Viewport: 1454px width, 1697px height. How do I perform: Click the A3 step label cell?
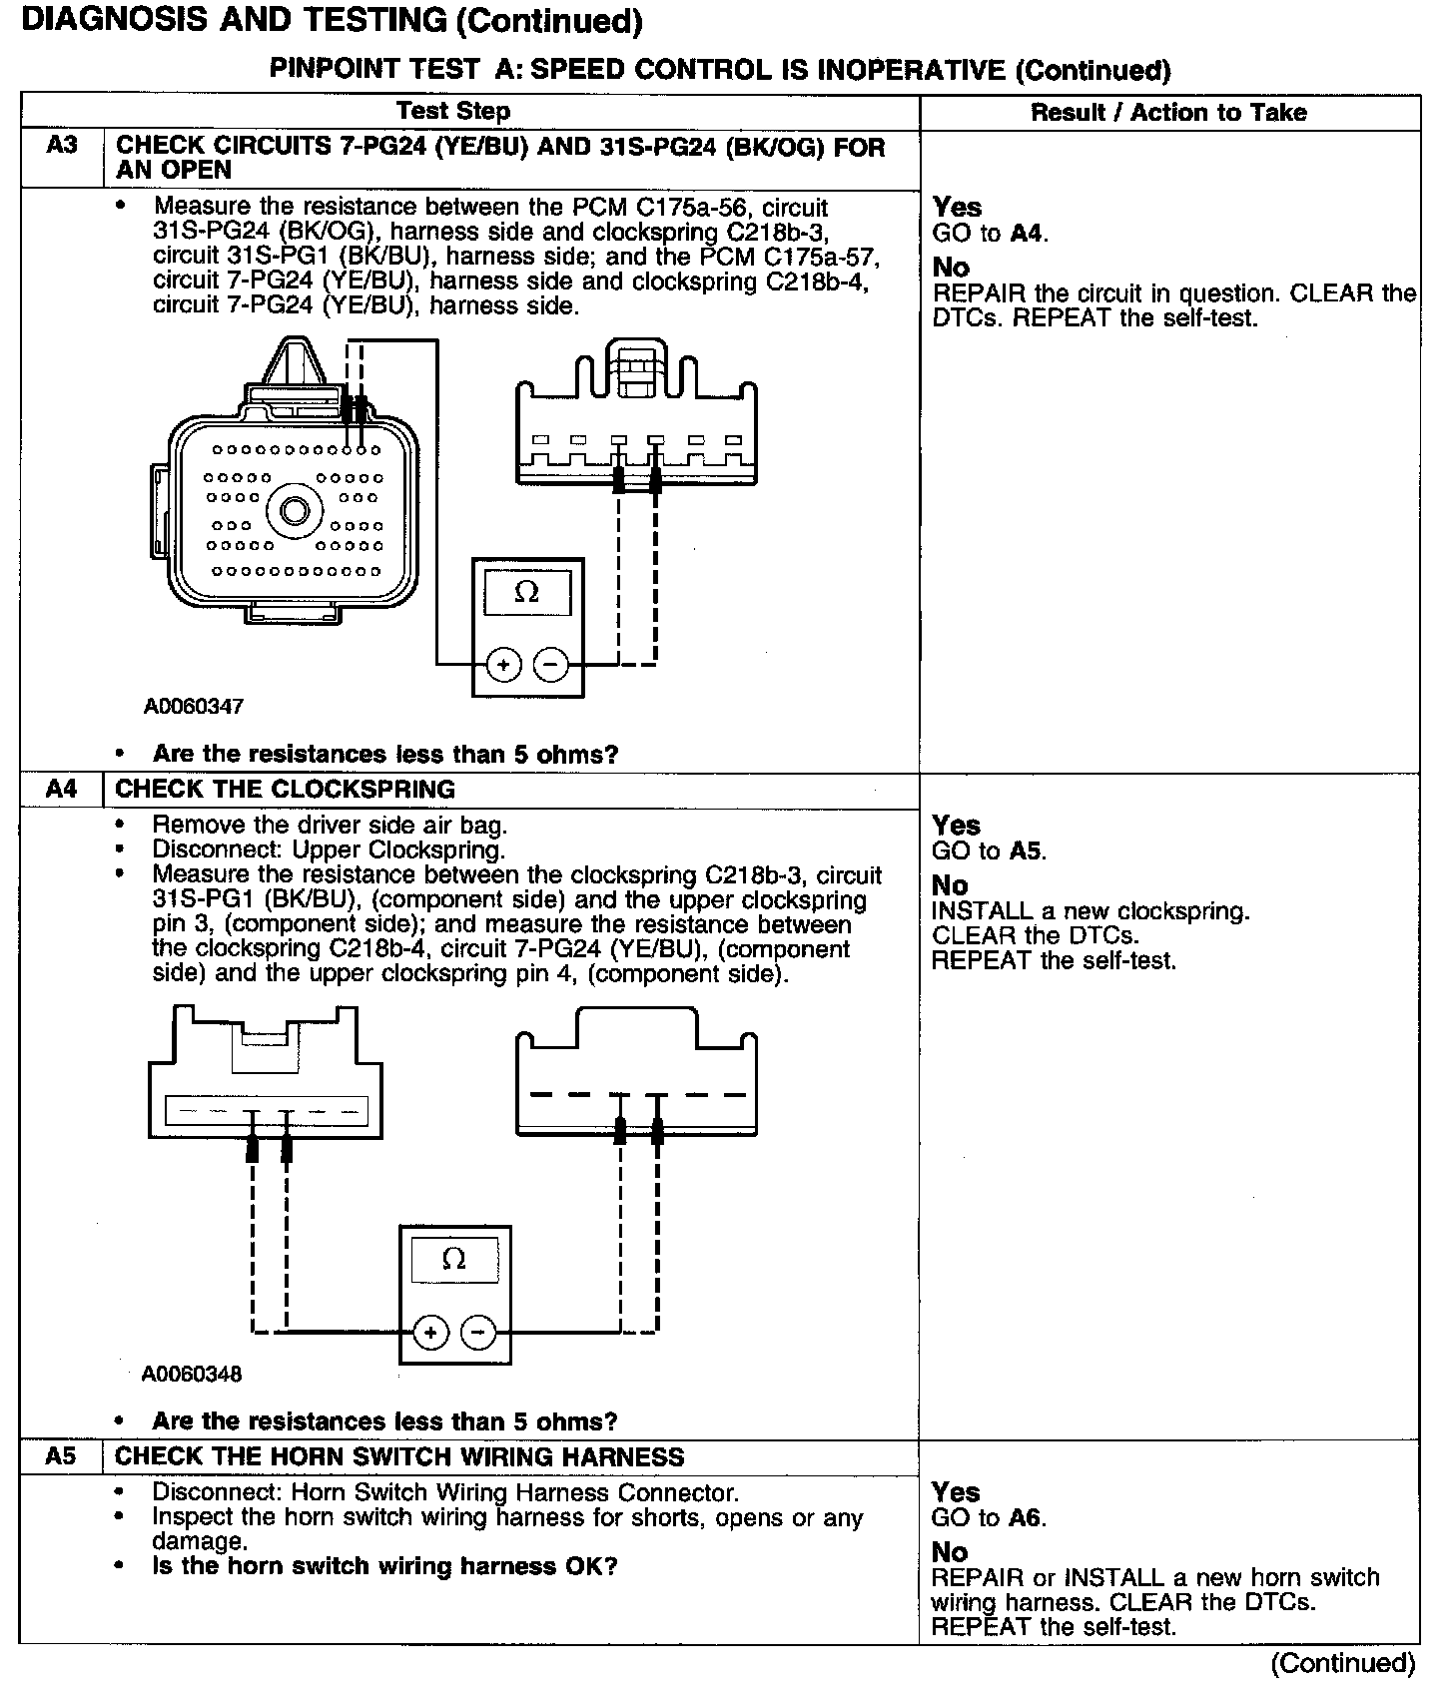[x=62, y=146]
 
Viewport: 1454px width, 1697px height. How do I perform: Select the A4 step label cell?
[x=61, y=790]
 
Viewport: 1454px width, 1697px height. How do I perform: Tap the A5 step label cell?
[x=61, y=1456]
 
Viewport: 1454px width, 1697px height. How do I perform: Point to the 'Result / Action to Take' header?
[x=1168, y=113]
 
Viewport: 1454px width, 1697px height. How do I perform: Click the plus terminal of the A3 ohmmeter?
[x=503, y=664]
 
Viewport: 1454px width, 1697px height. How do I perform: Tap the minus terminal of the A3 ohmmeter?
[x=550, y=664]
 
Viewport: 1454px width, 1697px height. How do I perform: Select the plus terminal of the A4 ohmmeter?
[x=430, y=1332]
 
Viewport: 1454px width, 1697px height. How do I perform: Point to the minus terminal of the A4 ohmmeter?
[x=478, y=1332]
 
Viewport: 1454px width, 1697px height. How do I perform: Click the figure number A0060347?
[x=194, y=707]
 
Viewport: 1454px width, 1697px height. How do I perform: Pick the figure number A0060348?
[x=192, y=1374]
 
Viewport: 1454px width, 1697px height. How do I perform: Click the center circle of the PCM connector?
[x=296, y=512]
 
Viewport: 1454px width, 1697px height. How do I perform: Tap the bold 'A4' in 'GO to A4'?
[x=1026, y=234]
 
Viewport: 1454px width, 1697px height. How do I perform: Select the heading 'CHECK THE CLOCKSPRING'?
[x=285, y=790]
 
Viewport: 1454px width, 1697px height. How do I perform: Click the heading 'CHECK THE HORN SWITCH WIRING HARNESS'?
[x=399, y=1456]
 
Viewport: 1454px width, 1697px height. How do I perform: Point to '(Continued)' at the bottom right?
[x=1343, y=1663]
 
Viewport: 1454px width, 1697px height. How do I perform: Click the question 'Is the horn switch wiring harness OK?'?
[x=384, y=1566]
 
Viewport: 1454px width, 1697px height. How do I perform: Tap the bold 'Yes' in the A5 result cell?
[x=956, y=1492]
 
